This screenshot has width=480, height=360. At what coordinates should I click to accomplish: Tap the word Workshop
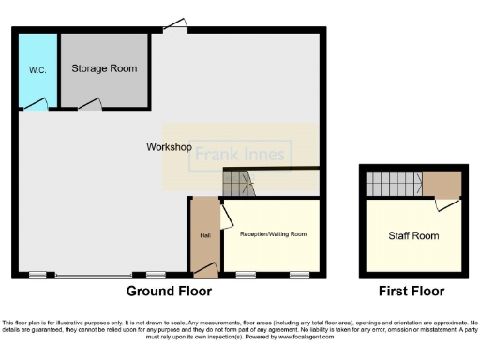(169, 148)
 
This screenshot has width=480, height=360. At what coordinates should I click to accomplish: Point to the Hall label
(203, 233)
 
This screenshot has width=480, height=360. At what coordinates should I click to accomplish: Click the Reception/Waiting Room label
(273, 233)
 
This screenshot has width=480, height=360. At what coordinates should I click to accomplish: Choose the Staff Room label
(412, 235)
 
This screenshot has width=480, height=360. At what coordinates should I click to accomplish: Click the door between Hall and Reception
(224, 217)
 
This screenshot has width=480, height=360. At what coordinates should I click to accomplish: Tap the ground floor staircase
(238, 184)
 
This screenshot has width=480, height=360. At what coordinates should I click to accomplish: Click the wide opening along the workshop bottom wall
(94, 276)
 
